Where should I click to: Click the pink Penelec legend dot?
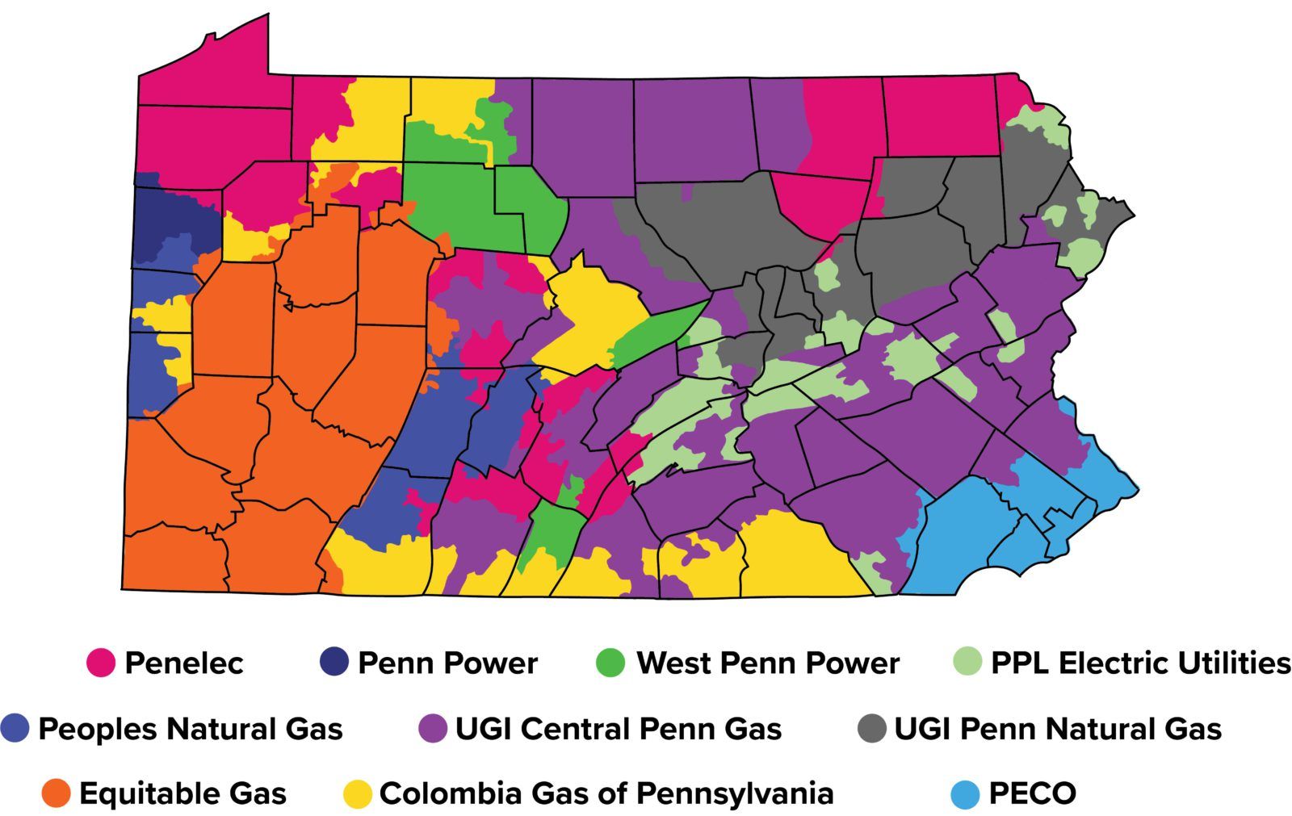coord(101,663)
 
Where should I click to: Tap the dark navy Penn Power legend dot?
coord(334,663)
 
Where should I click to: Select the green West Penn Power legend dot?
coord(610,663)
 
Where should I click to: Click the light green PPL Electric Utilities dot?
coord(967,663)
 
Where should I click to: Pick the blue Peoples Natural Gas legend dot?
coord(15,728)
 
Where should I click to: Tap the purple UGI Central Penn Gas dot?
coord(433,728)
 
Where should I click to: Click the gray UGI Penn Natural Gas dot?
coord(872,728)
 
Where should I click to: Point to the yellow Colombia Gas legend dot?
coord(357,793)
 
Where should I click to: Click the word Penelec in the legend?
coord(184,663)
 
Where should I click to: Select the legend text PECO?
coord(1033,793)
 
